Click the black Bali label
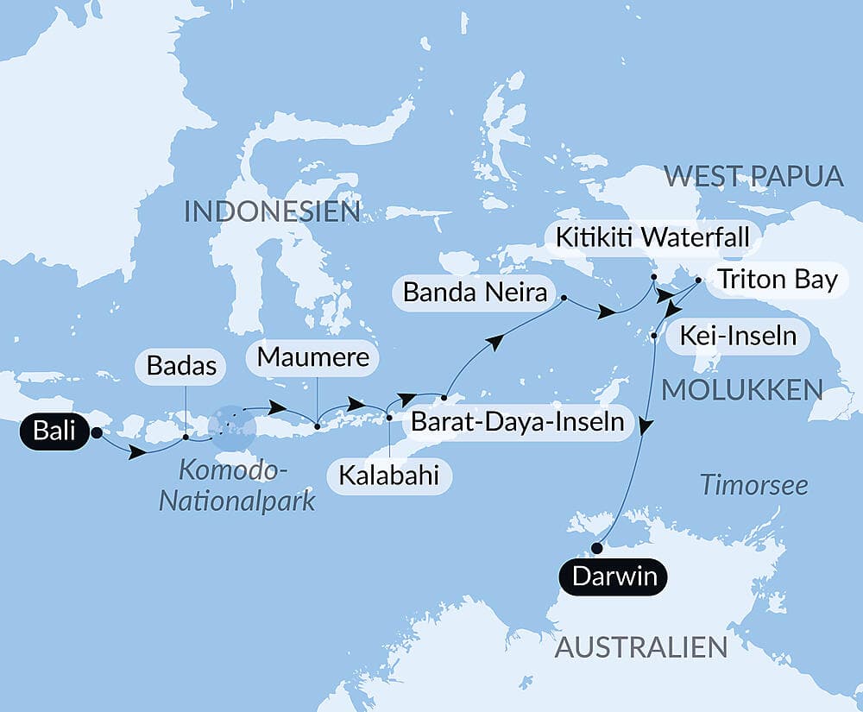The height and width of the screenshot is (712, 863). (x=55, y=432)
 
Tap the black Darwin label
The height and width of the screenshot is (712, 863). (x=614, y=577)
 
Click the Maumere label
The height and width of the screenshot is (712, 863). (x=313, y=356)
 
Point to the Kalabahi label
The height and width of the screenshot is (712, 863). (x=389, y=476)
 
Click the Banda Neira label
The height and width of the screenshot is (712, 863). (x=475, y=293)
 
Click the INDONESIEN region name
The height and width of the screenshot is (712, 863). (x=272, y=211)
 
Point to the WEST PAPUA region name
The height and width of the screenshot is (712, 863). (x=753, y=176)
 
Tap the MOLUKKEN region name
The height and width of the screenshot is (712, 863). (x=741, y=389)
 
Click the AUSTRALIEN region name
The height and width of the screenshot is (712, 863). (x=641, y=646)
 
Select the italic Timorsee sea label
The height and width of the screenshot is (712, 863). (x=753, y=485)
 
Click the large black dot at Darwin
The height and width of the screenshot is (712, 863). (x=596, y=547)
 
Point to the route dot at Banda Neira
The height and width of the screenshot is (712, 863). (x=564, y=299)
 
